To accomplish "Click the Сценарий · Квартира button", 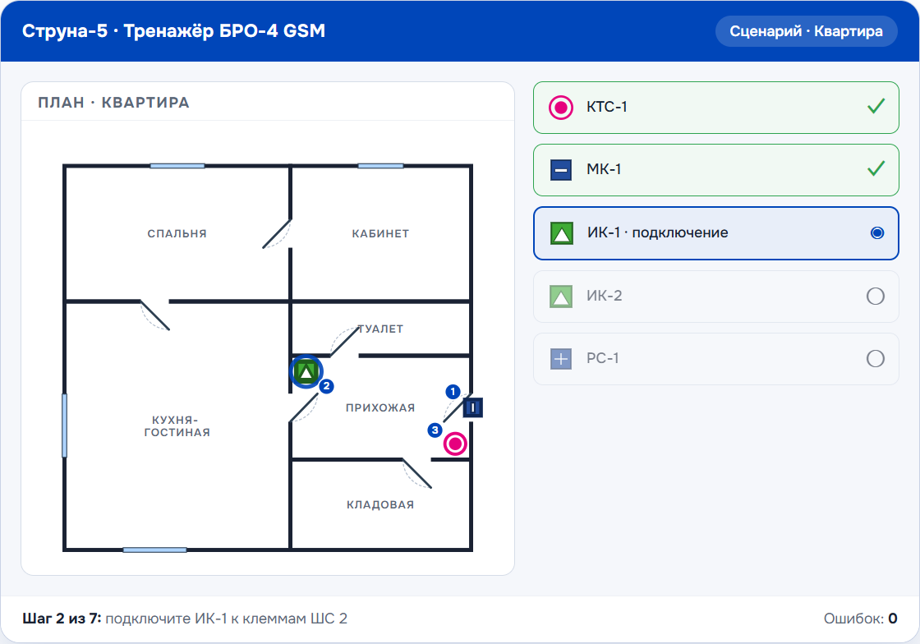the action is pyautogui.click(x=806, y=31).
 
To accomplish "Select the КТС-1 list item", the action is pyautogui.click(x=715, y=108).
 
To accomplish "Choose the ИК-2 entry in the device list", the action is pyautogui.click(x=715, y=297).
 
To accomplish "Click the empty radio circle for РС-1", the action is pyautogui.click(x=876, y=358).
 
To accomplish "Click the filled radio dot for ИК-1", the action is pyautogui.click(x=877, y=232).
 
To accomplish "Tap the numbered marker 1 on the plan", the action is pyautogui.click(x=453, y=391).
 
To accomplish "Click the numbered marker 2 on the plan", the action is pyautogui.click(x=326, y=386).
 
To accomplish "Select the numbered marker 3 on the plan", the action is pyautogui.click(x=435, y=430).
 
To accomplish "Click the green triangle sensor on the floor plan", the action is pyautogui.click(x=306, y=371).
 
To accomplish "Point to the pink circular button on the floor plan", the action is pyautogui.click(x=455, y=444).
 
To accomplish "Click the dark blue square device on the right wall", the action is pyautogui.click(x=473, y=407).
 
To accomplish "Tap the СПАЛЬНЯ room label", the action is pyautogui.click(x=177, y=233).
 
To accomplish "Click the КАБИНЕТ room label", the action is pyautogui.click(x=380, y=233).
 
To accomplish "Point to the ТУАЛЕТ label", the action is pyautogui.click(x=381, y=329).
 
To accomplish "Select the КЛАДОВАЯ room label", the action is pyautogui.click(x=380, y=505).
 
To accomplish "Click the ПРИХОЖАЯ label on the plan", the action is pyautogui.click(x=380, y=407).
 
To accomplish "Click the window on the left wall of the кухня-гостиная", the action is pyautogui.click(x=65, y=425).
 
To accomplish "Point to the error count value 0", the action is pyautogui.click(x=892, y=619).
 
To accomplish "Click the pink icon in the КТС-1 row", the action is pyautogui.click(x=561, y=108).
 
